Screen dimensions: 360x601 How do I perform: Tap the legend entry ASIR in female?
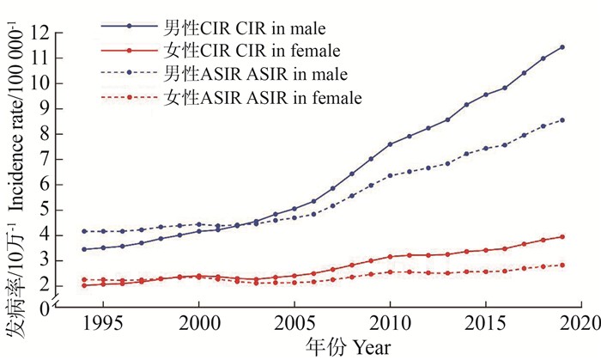point(228,98)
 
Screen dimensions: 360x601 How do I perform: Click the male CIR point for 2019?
point(562,47)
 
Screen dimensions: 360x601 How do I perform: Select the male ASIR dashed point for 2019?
point(562,119)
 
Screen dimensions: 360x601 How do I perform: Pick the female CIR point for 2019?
point(562,236)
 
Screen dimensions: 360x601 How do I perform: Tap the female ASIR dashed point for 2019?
point(562,265)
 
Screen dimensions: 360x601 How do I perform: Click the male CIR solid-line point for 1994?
point(84,249)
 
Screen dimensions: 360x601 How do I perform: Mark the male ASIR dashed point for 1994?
point(84,231)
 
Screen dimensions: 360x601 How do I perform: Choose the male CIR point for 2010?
point(390,144)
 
